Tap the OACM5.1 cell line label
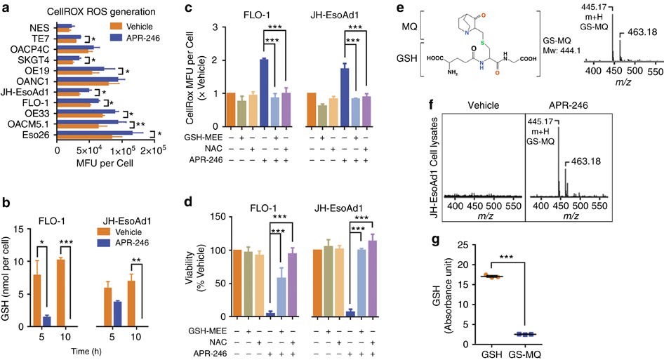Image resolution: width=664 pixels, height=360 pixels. click(28, 124)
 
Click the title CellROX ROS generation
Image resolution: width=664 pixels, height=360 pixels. click(100, 11)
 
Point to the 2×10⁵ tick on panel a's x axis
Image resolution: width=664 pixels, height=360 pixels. click(153, 151)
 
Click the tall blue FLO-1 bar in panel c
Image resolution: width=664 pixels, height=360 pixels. click(263, 93)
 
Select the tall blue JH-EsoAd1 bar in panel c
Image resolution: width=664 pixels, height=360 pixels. click(345, 97)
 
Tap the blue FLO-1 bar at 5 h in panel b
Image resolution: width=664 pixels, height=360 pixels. click(46, 321)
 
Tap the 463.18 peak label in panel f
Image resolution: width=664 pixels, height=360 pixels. click(585, 161)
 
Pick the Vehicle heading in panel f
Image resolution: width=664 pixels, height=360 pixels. click(483, 105)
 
